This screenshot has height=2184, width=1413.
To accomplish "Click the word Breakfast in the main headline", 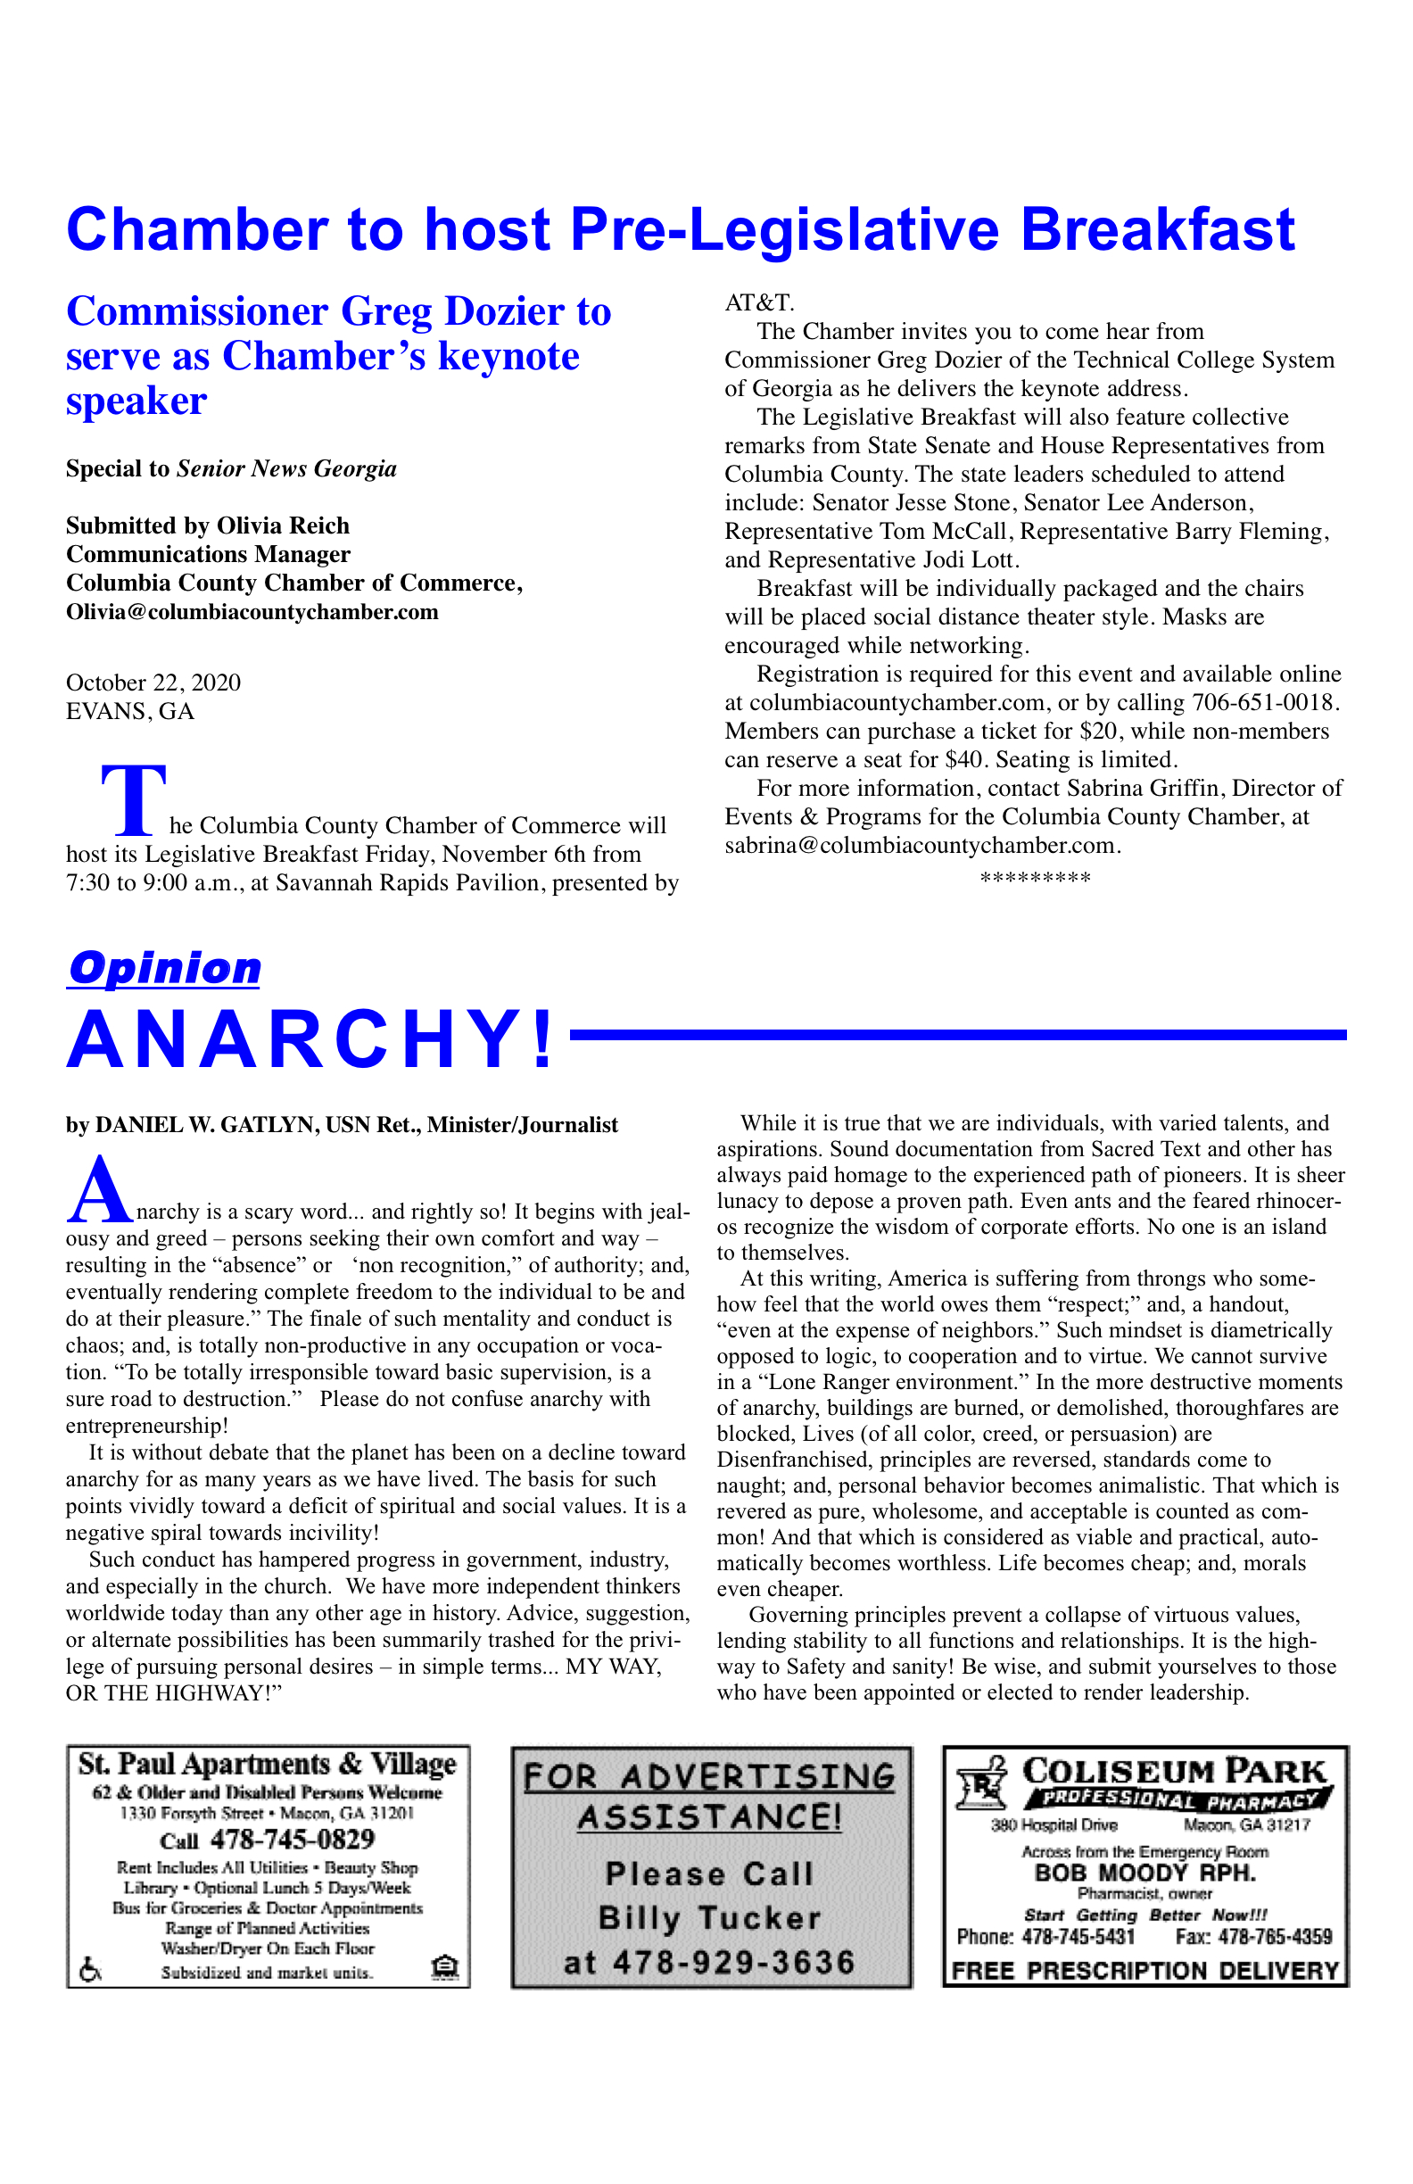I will click(1157, 229).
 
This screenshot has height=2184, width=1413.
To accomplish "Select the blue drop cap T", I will click(134, 800).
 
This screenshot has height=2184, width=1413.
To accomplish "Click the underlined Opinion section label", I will click(164, 969).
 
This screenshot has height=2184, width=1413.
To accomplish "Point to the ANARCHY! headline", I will click(310, 1039).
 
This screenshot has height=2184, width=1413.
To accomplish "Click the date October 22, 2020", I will click(153, 682).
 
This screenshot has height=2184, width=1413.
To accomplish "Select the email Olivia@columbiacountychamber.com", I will click(252, 612).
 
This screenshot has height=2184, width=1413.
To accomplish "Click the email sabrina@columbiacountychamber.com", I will click(921, 846).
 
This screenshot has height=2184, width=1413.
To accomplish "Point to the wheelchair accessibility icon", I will click(90, 1969).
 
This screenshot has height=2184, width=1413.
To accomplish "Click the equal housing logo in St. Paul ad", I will click(444, 1967).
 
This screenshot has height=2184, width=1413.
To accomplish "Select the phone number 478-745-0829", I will click(292, 1840).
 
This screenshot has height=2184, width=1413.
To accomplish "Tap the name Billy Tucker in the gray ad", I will click(709, 1919).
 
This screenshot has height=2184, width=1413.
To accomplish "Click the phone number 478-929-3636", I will click(733, 1963).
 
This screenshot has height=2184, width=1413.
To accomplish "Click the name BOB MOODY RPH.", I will click(1145, 1873).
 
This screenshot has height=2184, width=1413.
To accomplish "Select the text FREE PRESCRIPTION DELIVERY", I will click(1145, 1971).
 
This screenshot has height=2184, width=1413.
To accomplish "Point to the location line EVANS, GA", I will click(130, 712).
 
